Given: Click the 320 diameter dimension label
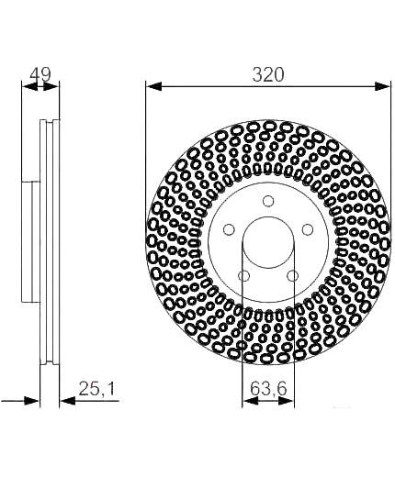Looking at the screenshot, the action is pos(268,75).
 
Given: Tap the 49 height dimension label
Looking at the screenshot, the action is pos(40,75).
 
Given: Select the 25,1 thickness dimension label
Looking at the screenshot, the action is pos(96,389).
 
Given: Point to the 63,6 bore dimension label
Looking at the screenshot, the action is pos(268,389).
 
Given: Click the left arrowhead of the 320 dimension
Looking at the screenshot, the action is pos(154,86).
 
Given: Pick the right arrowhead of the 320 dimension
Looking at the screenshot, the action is pos(382,86).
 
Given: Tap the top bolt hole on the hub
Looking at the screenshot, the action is pos(268,201).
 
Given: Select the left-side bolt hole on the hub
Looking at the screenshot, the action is pos(229,229).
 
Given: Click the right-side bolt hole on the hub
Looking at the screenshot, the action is pos(308,229).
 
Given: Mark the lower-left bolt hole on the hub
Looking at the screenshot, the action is pos(243,276).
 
